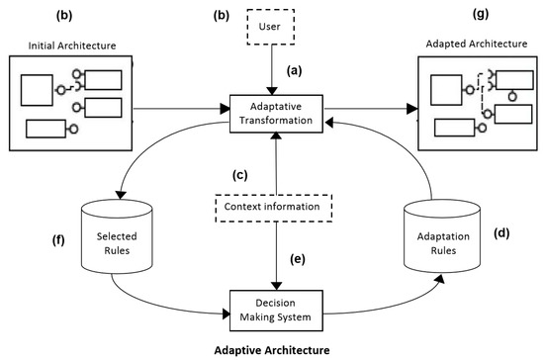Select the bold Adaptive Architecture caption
(270, 349)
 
